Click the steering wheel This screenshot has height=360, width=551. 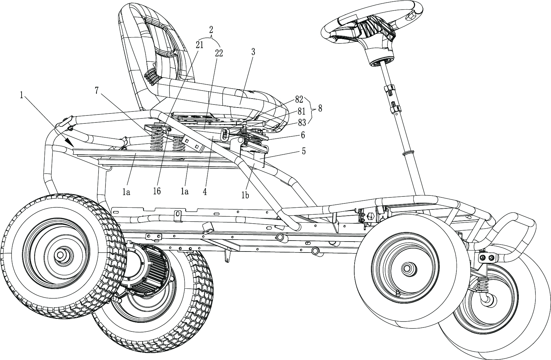point(372,23)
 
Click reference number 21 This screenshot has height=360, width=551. point(199,45)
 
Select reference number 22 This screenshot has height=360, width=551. point(219,53)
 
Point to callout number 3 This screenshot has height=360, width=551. point(253,52)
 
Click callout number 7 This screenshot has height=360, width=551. point(97,91)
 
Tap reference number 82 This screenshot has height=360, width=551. point(299,100)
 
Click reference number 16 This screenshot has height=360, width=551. point(157,191)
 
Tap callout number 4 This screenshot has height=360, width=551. point(205,191)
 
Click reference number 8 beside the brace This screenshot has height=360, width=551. point(319,108)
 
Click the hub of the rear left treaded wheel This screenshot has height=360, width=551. point(60,255)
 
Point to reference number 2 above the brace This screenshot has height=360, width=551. point(211,29)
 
